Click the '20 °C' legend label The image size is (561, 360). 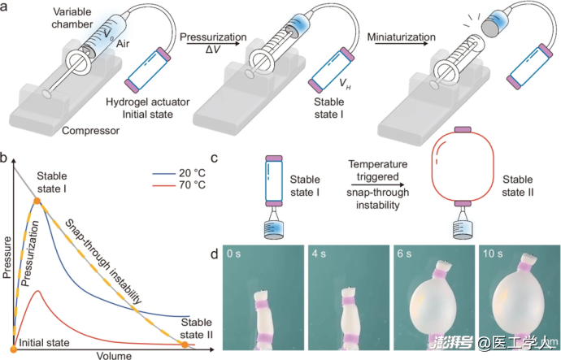(x=193, y=173)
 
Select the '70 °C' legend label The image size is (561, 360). (x=193, y=185)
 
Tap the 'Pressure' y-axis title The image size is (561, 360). (x=7, y=257)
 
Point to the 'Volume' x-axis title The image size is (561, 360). (x=114, y=355)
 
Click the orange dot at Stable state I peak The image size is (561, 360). (x=37, y=202)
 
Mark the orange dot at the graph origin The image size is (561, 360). (x=14, y=349)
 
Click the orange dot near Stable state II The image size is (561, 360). (x=185, y=345)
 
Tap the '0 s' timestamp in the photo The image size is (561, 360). (x=233, y=254)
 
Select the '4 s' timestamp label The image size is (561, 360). (x=319, y=254)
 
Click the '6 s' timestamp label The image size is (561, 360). (x=404, y=254)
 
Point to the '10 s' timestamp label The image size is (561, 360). (x=493, y=254)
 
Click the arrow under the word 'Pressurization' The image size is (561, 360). (x=213, y=44)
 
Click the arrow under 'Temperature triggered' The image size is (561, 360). (x=377, y=184)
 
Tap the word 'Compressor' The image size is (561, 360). (x=90, y=131)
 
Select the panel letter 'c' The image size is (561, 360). (x=215, y=158)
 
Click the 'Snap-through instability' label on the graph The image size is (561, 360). (x=104, y=262)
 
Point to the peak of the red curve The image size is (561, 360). (x=37, y=292)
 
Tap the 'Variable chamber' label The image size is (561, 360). (x=72, y=18)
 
